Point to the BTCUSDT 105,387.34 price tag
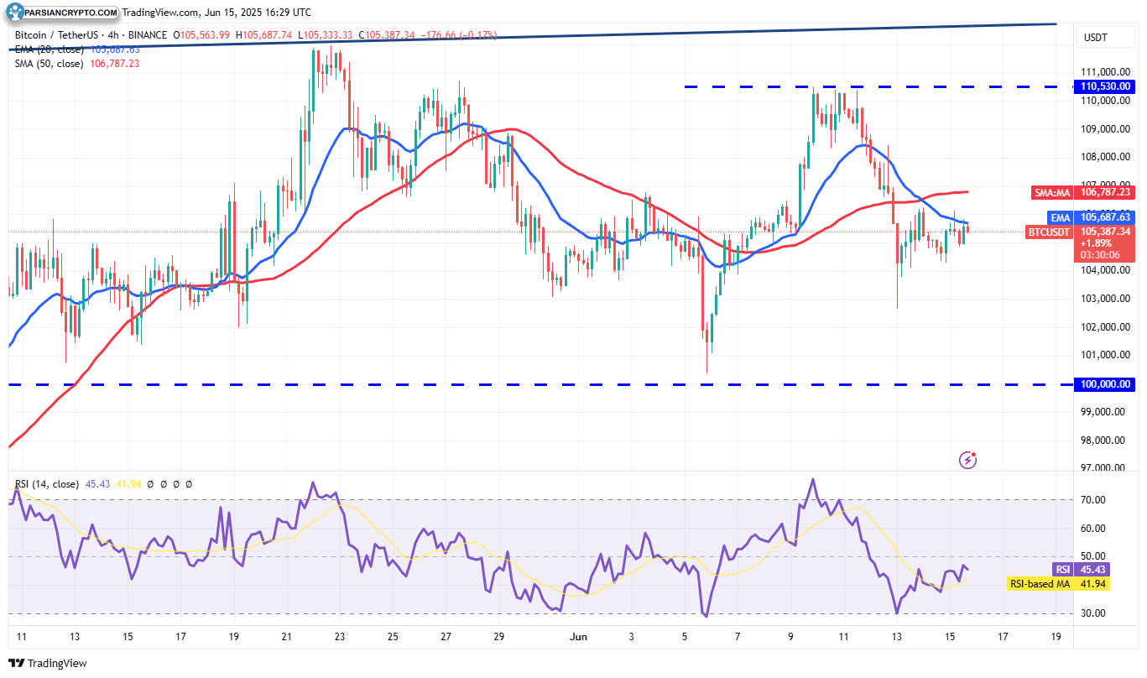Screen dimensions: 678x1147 1082,232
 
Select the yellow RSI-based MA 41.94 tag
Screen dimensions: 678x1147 1058,583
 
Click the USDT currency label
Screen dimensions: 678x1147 1096,38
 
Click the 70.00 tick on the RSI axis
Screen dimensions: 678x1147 1092,500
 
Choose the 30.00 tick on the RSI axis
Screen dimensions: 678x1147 1092,613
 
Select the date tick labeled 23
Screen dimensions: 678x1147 339,637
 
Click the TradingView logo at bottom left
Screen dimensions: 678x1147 48,663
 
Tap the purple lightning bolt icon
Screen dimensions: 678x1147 968,459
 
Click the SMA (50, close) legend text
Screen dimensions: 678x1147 49,64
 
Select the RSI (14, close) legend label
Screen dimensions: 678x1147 47,484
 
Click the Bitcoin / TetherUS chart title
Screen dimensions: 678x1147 63,35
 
